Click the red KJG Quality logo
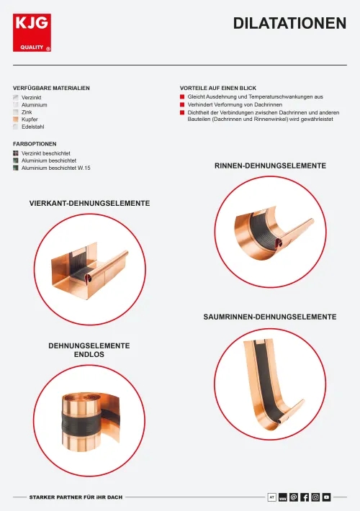[32, 32]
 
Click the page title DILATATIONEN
[289, 24]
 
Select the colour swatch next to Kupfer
[16, 119]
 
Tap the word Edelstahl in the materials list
[32, 127]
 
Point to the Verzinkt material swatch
[16, 97]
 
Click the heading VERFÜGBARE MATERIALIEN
[51, 88]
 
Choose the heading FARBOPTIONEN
[35, 144]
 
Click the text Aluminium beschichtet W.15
[55, 168]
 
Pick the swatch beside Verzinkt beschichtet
[16, 153]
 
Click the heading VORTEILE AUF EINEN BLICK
[218, 88]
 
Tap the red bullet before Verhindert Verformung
[182, 104]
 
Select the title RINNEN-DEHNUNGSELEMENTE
[270, 166]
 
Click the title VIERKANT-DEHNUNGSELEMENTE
[90, 204]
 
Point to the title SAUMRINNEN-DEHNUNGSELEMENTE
[270, 317]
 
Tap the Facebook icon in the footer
[305, 497]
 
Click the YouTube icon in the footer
[326, 497]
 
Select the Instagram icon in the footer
[315, 497]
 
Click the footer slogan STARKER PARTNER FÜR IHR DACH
[76, 497]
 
